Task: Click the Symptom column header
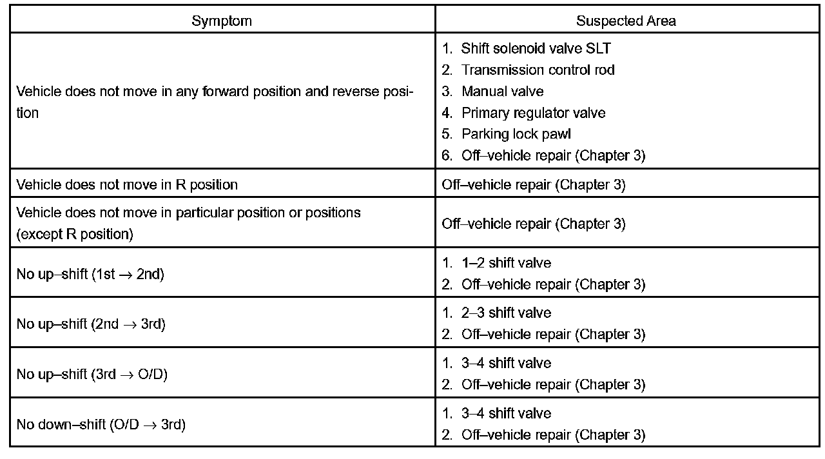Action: (222, 21)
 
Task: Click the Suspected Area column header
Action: (626, 21)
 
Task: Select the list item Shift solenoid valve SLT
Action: (536, 48)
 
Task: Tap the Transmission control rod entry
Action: (538, 70)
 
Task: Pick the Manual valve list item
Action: (502, 92)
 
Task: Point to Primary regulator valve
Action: (533, 113)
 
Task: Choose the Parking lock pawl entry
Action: (516, 134)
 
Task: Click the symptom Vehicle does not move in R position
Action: (127, 184)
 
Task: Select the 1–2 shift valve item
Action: (506, 263)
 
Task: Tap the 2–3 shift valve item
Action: (506, 313)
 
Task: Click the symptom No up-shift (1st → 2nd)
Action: (90, 274)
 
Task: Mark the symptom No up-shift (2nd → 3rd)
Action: (91, 324)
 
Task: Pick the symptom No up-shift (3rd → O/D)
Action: (92, 374)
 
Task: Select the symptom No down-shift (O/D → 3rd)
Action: (101, 424)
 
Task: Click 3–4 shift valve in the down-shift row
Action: (506, 413)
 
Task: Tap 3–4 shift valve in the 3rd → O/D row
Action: (506, 363)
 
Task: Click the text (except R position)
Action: (75, 234)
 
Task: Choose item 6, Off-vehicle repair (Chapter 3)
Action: (553, 155)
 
